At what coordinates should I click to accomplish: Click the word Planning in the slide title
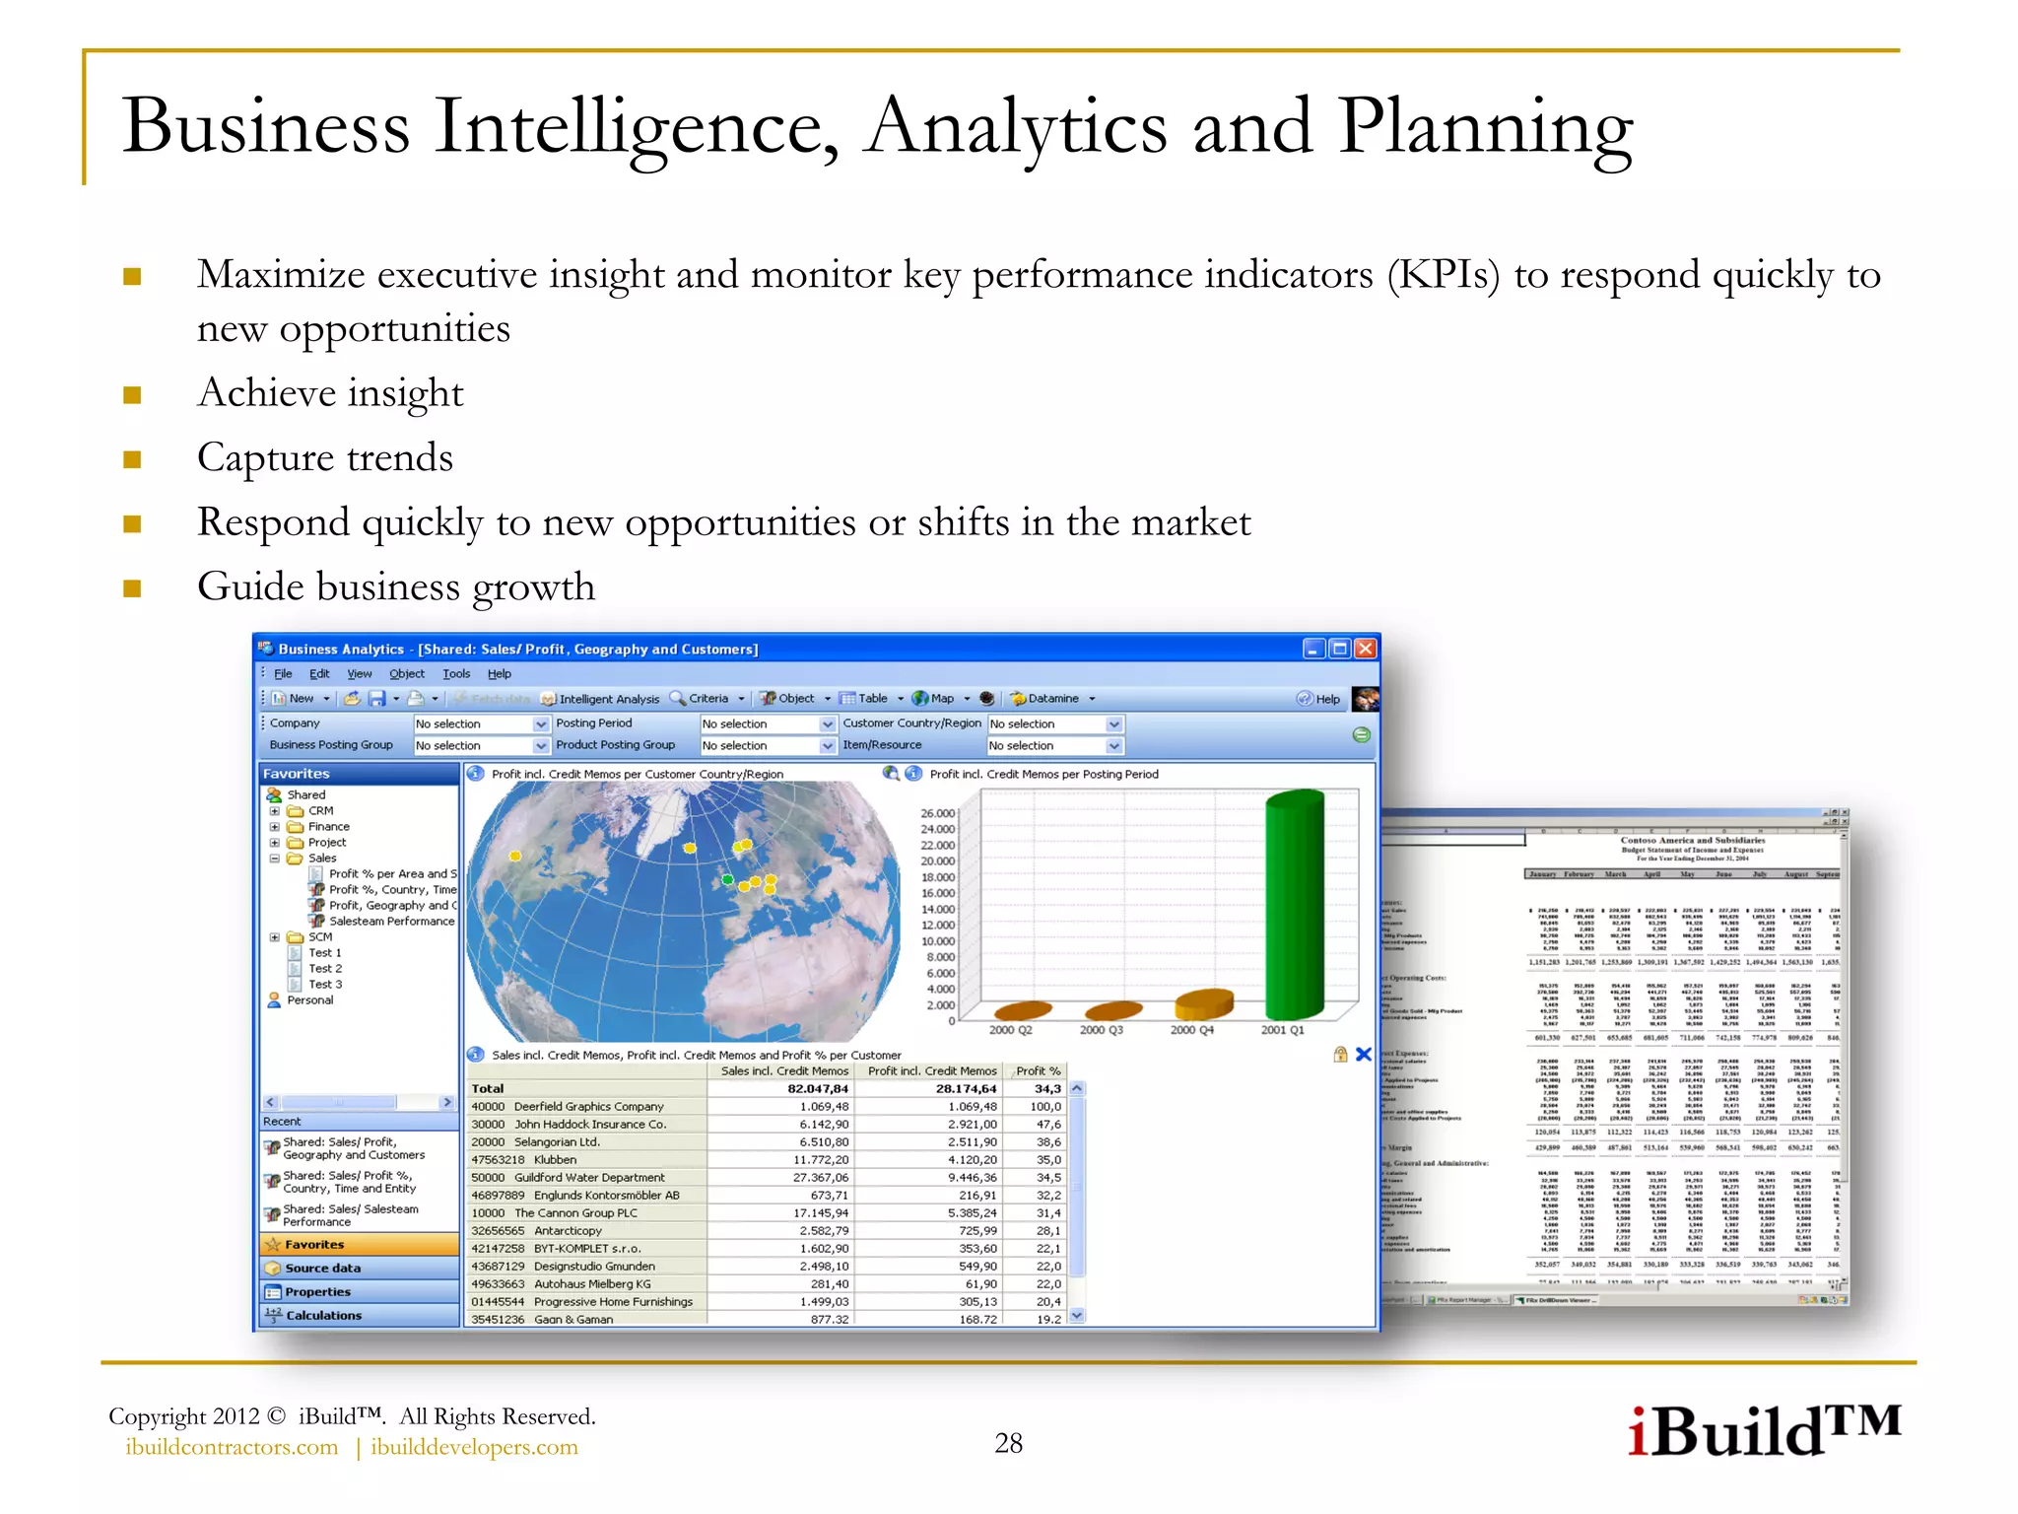click(1485, 128)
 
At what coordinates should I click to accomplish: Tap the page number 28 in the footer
click(1008, 1443)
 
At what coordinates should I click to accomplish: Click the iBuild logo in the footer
click(1763, 1431)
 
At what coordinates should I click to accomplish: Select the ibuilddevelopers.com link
click(474, 1447)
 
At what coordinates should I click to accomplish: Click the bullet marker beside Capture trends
click(132, 459)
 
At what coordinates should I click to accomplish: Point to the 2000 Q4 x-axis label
click(1191, 1030)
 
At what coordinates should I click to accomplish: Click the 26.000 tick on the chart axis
click(937, 813)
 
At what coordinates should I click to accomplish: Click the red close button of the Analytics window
click(1365, 649)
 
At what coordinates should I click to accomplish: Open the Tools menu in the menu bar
click(455, 674)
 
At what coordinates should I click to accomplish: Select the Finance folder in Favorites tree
click(328, 827)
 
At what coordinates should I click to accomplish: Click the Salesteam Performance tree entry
click(391, 922)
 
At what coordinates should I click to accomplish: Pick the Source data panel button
click(322, 1269)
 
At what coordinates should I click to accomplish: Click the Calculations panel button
click(323, 1316)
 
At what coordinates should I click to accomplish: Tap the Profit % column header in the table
click(1038, 1071)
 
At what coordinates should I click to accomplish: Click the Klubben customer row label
click(555, 1160)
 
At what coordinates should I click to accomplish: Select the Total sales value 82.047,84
click(817, 1089)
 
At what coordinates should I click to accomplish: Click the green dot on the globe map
click(727, 879)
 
